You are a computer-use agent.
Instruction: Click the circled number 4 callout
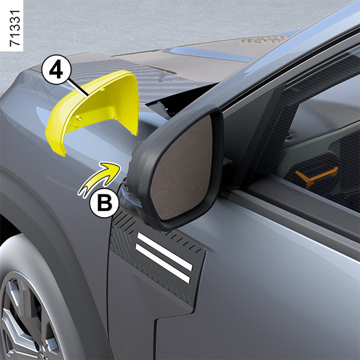tap(56, 70)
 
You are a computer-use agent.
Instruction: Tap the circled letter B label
tap(104, 203)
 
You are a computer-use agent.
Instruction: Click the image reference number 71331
tap(15, 28)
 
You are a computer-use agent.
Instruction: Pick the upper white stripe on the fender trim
tap(164, 251)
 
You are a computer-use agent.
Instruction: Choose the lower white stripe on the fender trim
tap(163, 263)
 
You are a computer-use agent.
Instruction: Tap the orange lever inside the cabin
tap(316, 176)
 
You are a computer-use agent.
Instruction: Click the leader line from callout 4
tap(78, 88)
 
